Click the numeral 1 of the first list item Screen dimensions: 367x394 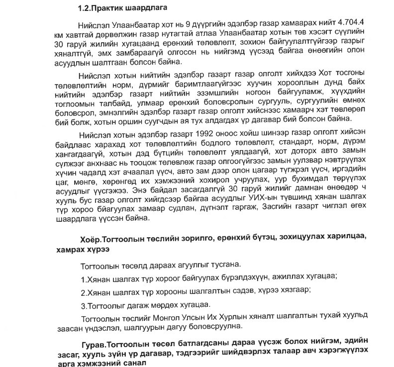tap(82, 277)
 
